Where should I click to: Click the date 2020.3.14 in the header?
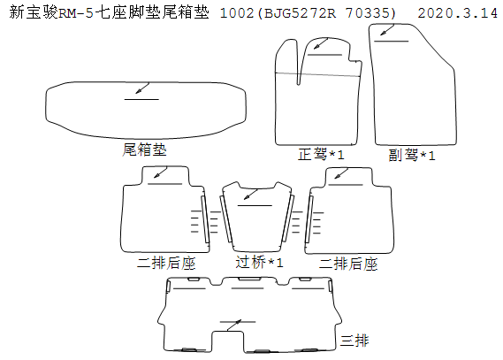[458, 13]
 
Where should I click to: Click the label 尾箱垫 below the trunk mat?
[144, 149]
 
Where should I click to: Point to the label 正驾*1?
[321, 154]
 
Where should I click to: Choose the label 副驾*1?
[412, 156]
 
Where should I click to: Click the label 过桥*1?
[259, 262]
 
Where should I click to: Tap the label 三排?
[354, 341]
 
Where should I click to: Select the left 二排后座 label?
[166, 263]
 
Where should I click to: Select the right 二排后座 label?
[348, 264]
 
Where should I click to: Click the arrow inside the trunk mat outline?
[142, 88]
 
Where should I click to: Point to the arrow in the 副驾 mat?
[387, 30]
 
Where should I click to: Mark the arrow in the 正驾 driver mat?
[321, 43]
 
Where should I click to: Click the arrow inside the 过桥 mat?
[250, 195]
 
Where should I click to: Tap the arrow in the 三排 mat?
[234, 325]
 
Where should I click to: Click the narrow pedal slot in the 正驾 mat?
[299, 63]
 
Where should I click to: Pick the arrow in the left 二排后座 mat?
[160, 172]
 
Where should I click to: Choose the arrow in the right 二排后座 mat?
[341, 173]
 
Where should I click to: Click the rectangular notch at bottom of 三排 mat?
[227, 341]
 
